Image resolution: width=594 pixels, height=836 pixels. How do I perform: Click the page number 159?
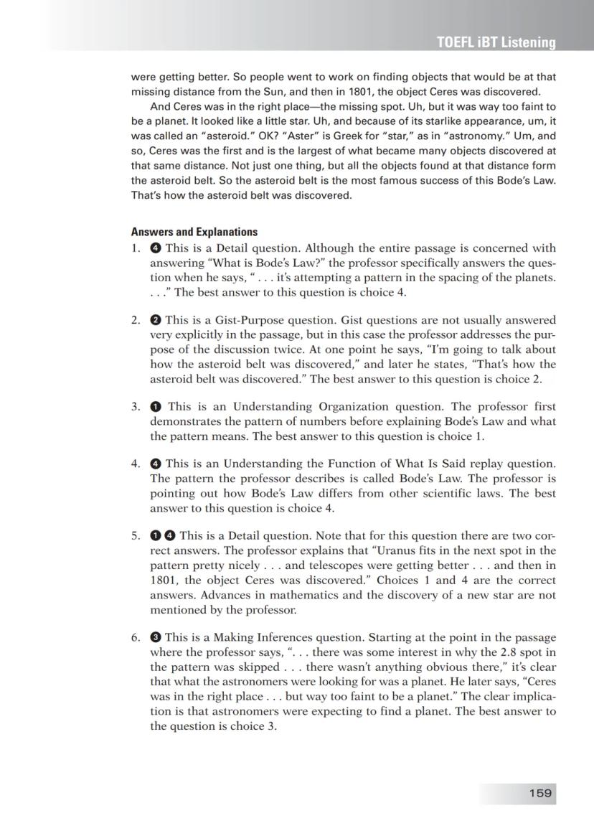click(x=539, y=793)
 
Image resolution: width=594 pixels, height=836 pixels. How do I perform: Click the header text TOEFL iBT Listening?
click(x=496, y=43)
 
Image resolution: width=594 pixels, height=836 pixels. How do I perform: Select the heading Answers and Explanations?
click(x=194, y=232)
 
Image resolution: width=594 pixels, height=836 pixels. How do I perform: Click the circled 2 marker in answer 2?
click(x=155, y=320)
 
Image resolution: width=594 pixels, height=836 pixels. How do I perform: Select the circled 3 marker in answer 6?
click(x=155, y=638)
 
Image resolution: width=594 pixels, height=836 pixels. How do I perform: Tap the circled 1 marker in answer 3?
click(x=155, y=406)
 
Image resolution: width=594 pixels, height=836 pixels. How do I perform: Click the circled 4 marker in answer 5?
click(x=169, y=536)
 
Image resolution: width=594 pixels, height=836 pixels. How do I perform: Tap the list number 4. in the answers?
click(x=136, y=464)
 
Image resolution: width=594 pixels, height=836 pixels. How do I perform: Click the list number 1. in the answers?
click(x=136, y=248)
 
